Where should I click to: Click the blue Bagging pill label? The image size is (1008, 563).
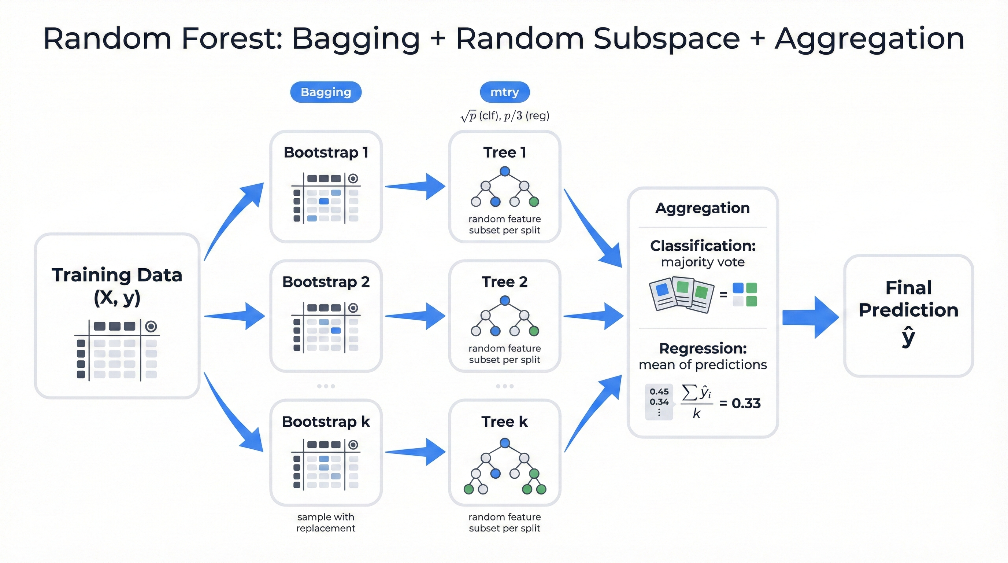(326, 92)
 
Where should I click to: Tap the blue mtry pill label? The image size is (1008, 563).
(504, 92)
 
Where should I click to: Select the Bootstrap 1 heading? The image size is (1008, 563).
(326, 152)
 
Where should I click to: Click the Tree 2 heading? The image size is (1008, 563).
(504, 282)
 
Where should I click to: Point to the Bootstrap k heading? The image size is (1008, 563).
(326, 422)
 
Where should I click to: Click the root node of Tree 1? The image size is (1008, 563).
(505, 171)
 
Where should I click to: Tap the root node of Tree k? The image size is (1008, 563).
(505, 443)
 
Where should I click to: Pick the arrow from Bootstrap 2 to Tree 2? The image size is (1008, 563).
(416, 316)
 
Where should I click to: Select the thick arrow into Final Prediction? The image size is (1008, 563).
(810, 317)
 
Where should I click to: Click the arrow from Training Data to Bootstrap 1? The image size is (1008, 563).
(235, 219)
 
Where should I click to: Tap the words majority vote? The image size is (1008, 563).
(703, 262)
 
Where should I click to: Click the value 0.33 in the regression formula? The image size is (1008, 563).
(746, 403)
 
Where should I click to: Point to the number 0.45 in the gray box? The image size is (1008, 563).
(659, 391)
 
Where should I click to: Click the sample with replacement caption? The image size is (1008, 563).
(326, 522)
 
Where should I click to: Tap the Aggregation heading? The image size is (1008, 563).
(703, 208)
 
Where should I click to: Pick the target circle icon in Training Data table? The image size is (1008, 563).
(151, 326)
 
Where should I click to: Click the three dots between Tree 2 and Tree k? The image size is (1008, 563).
(504, 386)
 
